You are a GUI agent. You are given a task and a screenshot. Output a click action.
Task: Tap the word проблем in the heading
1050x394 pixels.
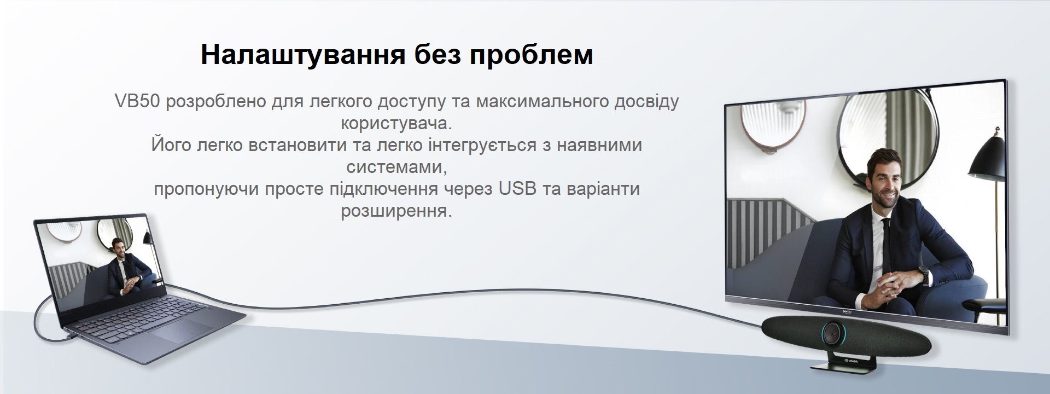(532, 55)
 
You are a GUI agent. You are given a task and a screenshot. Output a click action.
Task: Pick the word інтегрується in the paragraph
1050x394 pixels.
(494, 145)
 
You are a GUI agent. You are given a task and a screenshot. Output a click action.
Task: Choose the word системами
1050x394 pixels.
(396, 166)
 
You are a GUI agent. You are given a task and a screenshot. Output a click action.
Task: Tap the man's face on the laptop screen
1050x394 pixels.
(116, 247)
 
